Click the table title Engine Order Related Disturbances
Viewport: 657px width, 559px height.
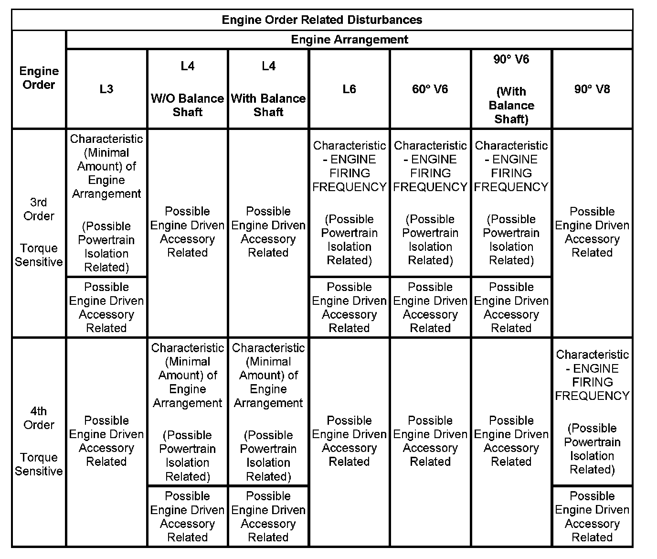pos(322,20)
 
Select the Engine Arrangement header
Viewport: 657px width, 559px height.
pos(349,40)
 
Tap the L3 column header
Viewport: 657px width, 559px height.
pos(106,89)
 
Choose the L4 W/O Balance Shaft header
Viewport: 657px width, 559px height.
pos(188,89)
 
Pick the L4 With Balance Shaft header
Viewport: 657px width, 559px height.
pos(268,89)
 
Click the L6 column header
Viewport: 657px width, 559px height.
pos(349,89)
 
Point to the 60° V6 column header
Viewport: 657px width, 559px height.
pos(430,89)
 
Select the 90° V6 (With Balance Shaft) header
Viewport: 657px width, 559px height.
pos(511,89)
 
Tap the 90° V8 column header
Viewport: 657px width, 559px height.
pos(592,89)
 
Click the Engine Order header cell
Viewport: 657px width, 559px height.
pos(39,78)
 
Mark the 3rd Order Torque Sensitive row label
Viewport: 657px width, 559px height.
pos(39,232)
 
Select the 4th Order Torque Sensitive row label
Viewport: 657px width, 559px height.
pos(39,441)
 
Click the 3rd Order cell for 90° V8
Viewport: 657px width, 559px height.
pos(592,232)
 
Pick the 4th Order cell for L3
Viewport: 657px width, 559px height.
pos(106,441)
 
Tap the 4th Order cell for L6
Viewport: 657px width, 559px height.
pos(349,441)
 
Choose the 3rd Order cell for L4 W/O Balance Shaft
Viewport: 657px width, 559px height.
pos(188,232)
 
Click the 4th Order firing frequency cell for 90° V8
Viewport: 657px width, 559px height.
pos(592,412)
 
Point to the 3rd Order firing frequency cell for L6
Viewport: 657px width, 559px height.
pos(349,203)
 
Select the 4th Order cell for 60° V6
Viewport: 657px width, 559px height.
pos(430,441)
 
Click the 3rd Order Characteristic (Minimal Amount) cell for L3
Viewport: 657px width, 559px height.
pos(106,203)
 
